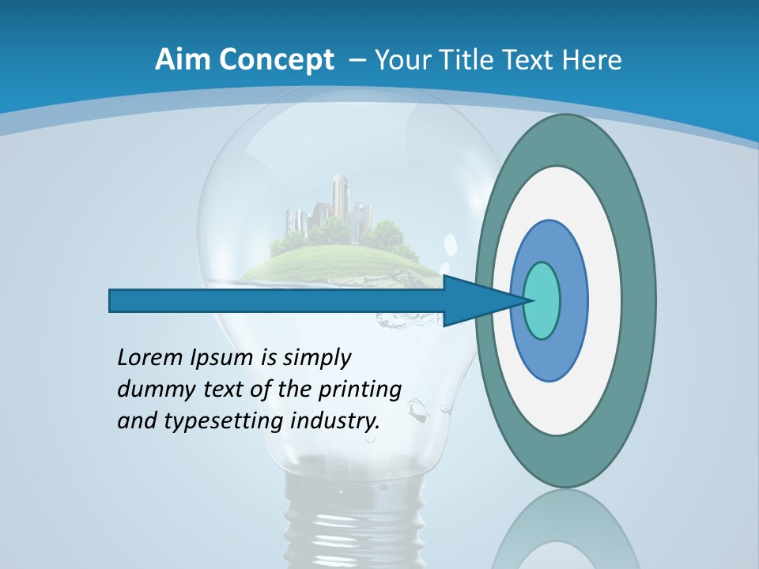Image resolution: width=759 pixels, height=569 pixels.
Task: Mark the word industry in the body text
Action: pyautogui.click(x=335, y=421)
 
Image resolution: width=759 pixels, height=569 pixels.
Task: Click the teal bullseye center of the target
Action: pyautogui.click(x=542, y=300)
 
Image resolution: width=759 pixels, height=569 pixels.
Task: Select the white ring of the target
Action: pyautogui.click(x=604, y=300)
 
